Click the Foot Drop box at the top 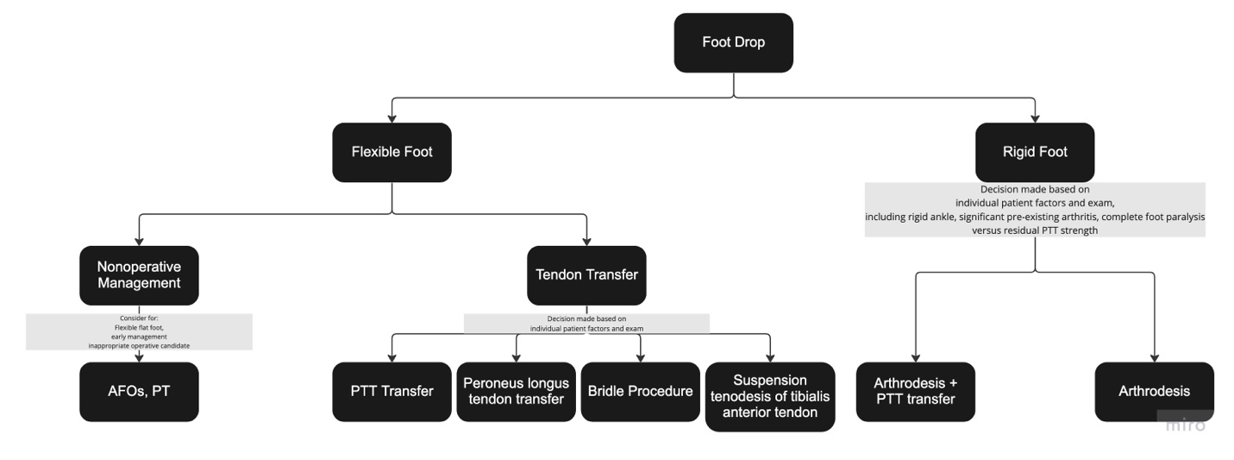(733, 42)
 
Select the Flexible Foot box (391, 152)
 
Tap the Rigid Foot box (1035, 152)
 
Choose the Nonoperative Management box (139, 275)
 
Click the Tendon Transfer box (586, 275)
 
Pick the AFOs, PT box (139, 391)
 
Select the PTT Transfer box (391, 391)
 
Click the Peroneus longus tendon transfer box (516, 391)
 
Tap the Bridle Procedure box (640, 391)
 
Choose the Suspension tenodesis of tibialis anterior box (770, 396)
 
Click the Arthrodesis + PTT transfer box (915, 391)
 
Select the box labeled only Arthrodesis (1154, 391)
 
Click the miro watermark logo (1185, 424)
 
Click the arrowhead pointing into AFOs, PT (139, 356)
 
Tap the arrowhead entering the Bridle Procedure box (640, 356)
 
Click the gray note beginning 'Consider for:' (139, 331)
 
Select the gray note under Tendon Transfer (586, 324)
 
